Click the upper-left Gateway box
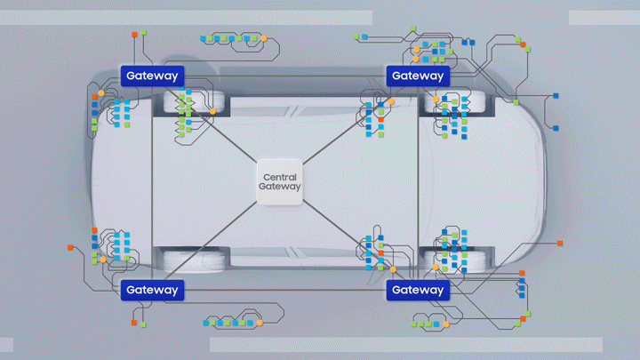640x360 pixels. [x=152, y=76]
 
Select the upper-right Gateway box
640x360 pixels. [x=417, y=76]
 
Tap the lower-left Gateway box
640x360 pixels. [x=152, y=289]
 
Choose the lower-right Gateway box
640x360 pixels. [x=417, y=290]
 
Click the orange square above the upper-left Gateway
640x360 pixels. [x=134, y=34]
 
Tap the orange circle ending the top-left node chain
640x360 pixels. [x=263, y=38]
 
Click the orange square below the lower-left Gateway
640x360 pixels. [x=134, y=322]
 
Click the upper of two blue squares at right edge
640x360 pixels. [x=556, y=94]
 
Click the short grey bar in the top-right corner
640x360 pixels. [x=604, y=18]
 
